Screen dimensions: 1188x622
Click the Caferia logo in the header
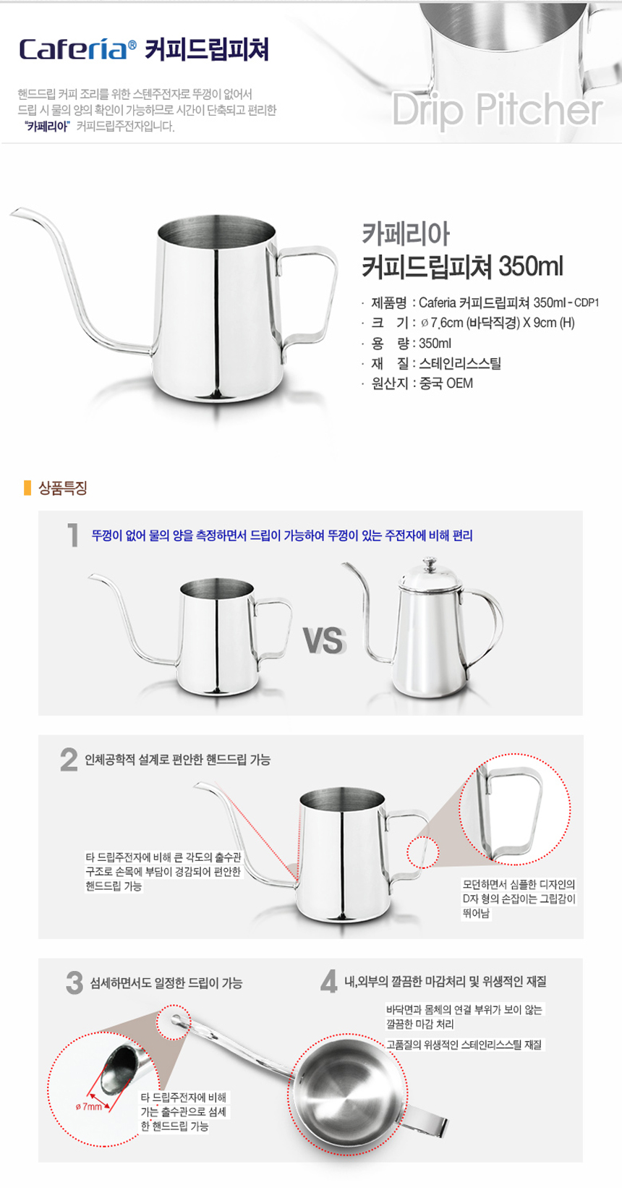77,49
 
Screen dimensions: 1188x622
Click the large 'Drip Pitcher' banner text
497,110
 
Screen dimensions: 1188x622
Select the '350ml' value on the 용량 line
435,343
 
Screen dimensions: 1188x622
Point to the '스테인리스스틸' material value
460,363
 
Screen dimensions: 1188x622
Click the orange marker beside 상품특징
27,488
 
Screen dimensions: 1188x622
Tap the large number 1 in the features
73,535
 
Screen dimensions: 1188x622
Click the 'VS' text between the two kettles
325,641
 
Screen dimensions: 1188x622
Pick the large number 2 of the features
69,760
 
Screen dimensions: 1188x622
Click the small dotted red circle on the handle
423,852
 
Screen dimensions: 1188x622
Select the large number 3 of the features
74,983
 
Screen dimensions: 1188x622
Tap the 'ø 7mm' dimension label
89,1106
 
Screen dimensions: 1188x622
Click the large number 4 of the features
329,982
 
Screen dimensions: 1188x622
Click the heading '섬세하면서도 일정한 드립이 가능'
166,983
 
